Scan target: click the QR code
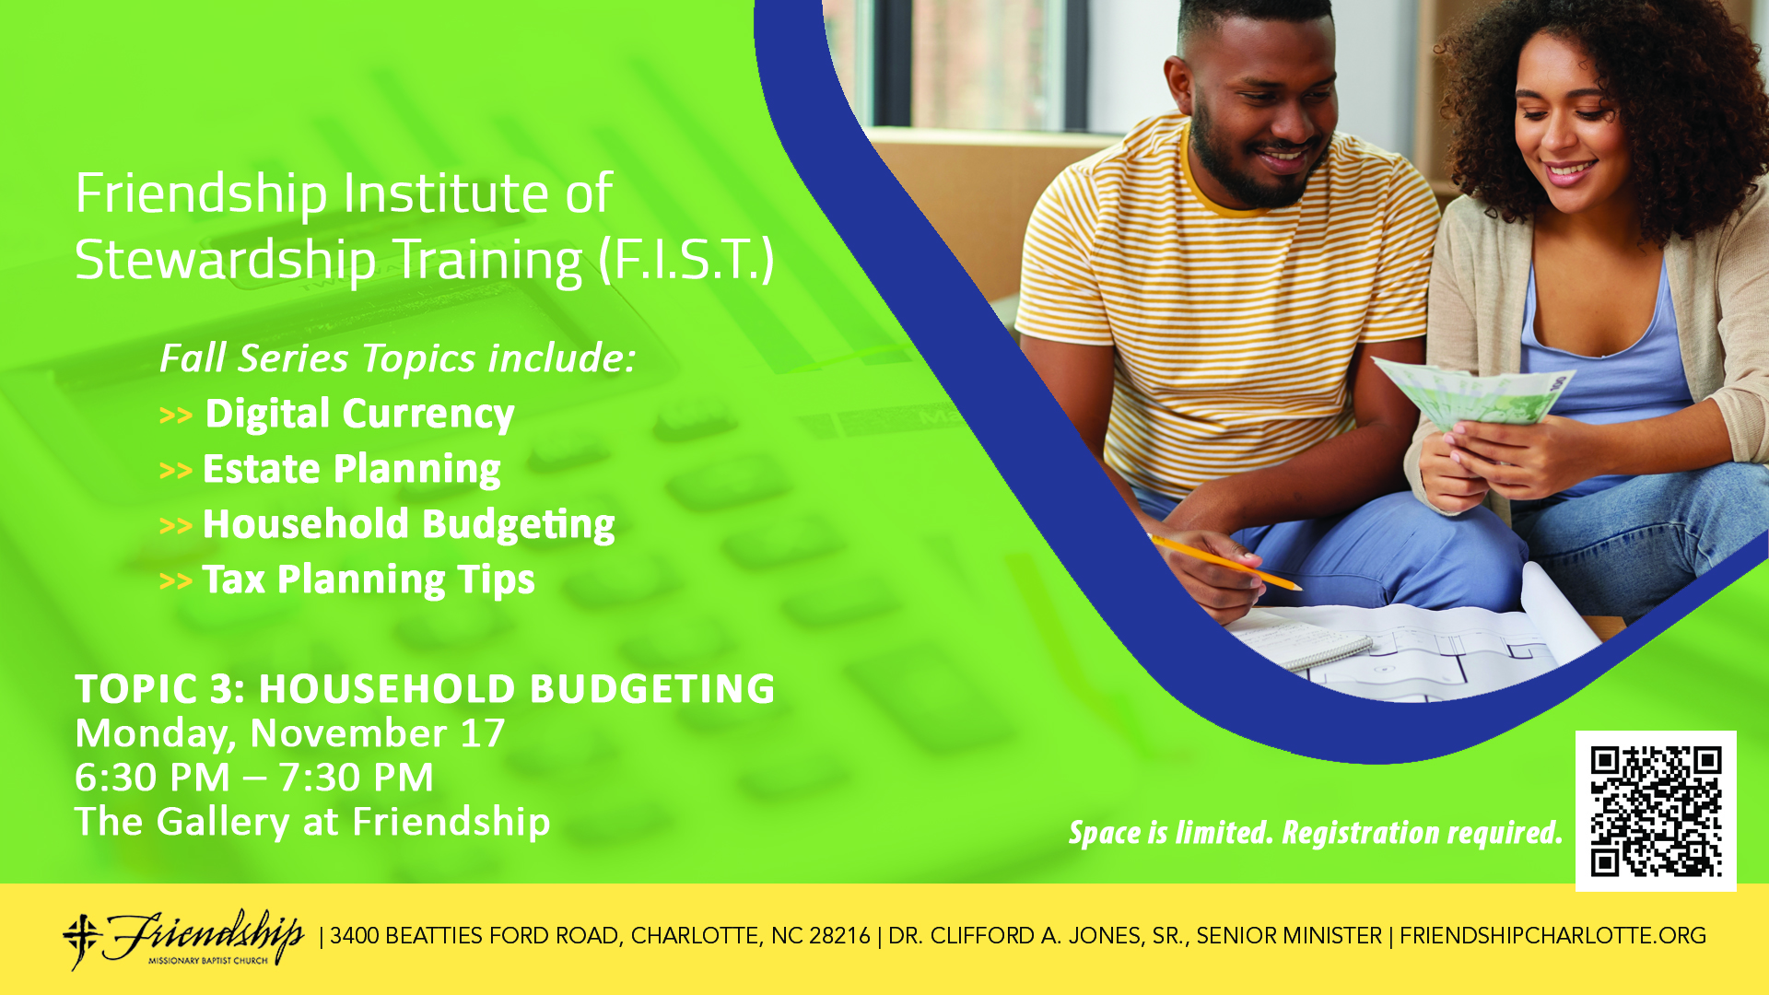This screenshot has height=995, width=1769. tap(1656, 812)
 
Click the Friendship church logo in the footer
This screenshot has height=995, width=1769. tap(183, 939)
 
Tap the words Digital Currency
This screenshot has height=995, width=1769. tap(359, 415)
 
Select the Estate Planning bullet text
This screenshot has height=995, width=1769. tap(351, 470)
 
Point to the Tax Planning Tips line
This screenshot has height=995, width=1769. tap(369, 580)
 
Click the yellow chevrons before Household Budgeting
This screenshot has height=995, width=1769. tap(175, 526)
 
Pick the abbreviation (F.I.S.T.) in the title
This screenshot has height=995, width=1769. tap(686, 260)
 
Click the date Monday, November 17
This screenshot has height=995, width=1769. tap(290, 734)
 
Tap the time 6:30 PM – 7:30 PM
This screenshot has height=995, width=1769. tap(254, 778)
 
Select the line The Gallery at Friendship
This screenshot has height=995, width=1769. tap(312, 822)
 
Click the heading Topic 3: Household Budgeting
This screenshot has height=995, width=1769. tap(425, 689)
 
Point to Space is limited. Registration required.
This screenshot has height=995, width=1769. tap(1316, 833)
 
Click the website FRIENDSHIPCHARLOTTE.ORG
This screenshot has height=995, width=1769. tap(1553, 936)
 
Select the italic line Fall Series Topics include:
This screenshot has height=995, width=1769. tap(398, 358)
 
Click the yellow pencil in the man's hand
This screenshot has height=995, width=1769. tap(1225, 561)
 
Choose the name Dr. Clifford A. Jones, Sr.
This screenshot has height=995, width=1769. tap(1038, 936)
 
